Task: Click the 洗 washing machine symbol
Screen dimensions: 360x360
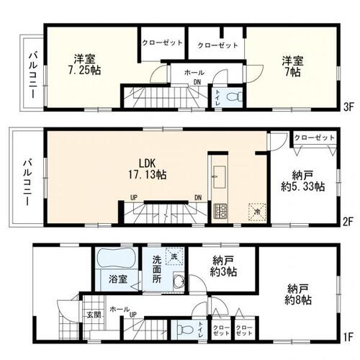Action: point(173,256)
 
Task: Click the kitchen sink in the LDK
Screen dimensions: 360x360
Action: point(219,174)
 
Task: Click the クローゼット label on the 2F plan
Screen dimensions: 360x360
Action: point(315,138)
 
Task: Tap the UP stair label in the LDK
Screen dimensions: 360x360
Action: point(134,197)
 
